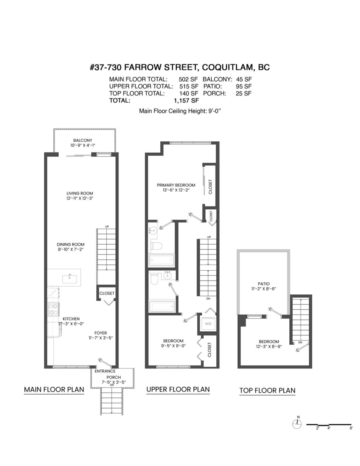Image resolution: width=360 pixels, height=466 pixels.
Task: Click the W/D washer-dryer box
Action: [x=208, y=323]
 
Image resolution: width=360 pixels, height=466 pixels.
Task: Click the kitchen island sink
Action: [x=70, y=279]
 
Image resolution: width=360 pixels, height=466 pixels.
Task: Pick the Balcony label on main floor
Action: [x=83, y=140]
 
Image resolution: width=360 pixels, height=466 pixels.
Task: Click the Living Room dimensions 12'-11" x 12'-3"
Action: [x=80, y=198]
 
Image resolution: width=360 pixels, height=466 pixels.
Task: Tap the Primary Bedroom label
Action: [x=176, y=185]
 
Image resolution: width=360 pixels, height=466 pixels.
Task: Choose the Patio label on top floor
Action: [x=264, y=284]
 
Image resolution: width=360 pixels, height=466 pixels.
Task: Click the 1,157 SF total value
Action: [x=186, y=100]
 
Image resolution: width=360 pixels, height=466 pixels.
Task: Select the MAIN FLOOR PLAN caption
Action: [x=54, y=389]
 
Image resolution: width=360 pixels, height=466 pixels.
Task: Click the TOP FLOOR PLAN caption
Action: [x=267, y=390]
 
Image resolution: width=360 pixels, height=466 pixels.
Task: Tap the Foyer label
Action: [x=101, y=333]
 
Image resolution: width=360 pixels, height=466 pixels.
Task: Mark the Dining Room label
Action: [x=71, y=244]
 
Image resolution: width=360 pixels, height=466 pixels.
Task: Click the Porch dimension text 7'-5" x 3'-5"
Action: [x=114, y=382]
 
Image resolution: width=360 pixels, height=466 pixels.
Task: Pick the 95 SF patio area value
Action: [x=243, y=86]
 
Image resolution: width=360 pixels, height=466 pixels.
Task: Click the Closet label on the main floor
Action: [x=107, y=293]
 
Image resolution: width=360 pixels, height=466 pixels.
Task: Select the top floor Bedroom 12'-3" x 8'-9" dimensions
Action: [x=269, y=346]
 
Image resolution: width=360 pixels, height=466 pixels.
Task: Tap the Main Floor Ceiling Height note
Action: [x=180, y=111]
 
